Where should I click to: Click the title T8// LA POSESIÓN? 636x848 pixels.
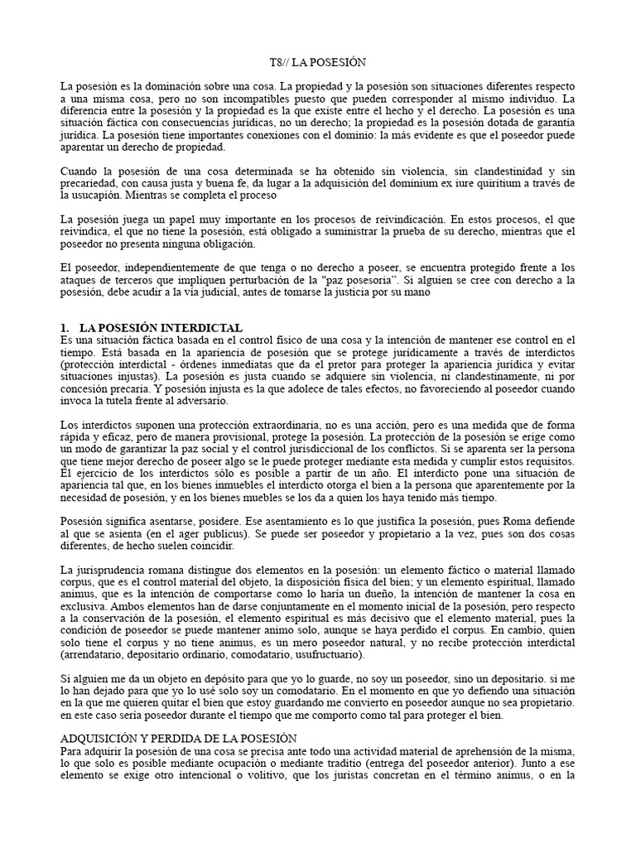(318, 63)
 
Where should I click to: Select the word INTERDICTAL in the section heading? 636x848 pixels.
(204, 328)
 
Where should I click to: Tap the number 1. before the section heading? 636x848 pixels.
(66, 328)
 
